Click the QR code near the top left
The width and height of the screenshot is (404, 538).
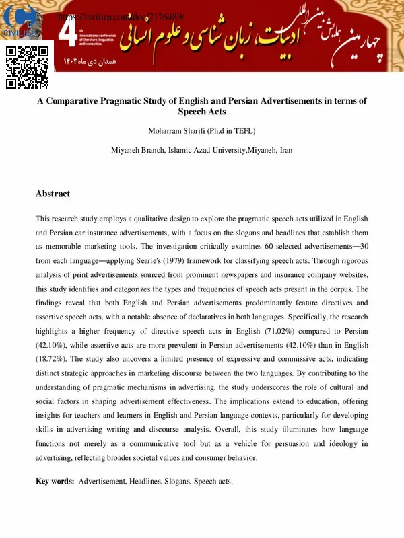[28, 67]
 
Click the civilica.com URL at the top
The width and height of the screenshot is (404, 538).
[121, 16]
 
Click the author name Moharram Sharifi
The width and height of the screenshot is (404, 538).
[178, 130]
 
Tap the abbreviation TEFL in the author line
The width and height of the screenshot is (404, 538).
[244, 130]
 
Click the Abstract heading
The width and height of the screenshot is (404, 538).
[53, 194]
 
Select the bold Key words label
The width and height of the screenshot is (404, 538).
[55, 482]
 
